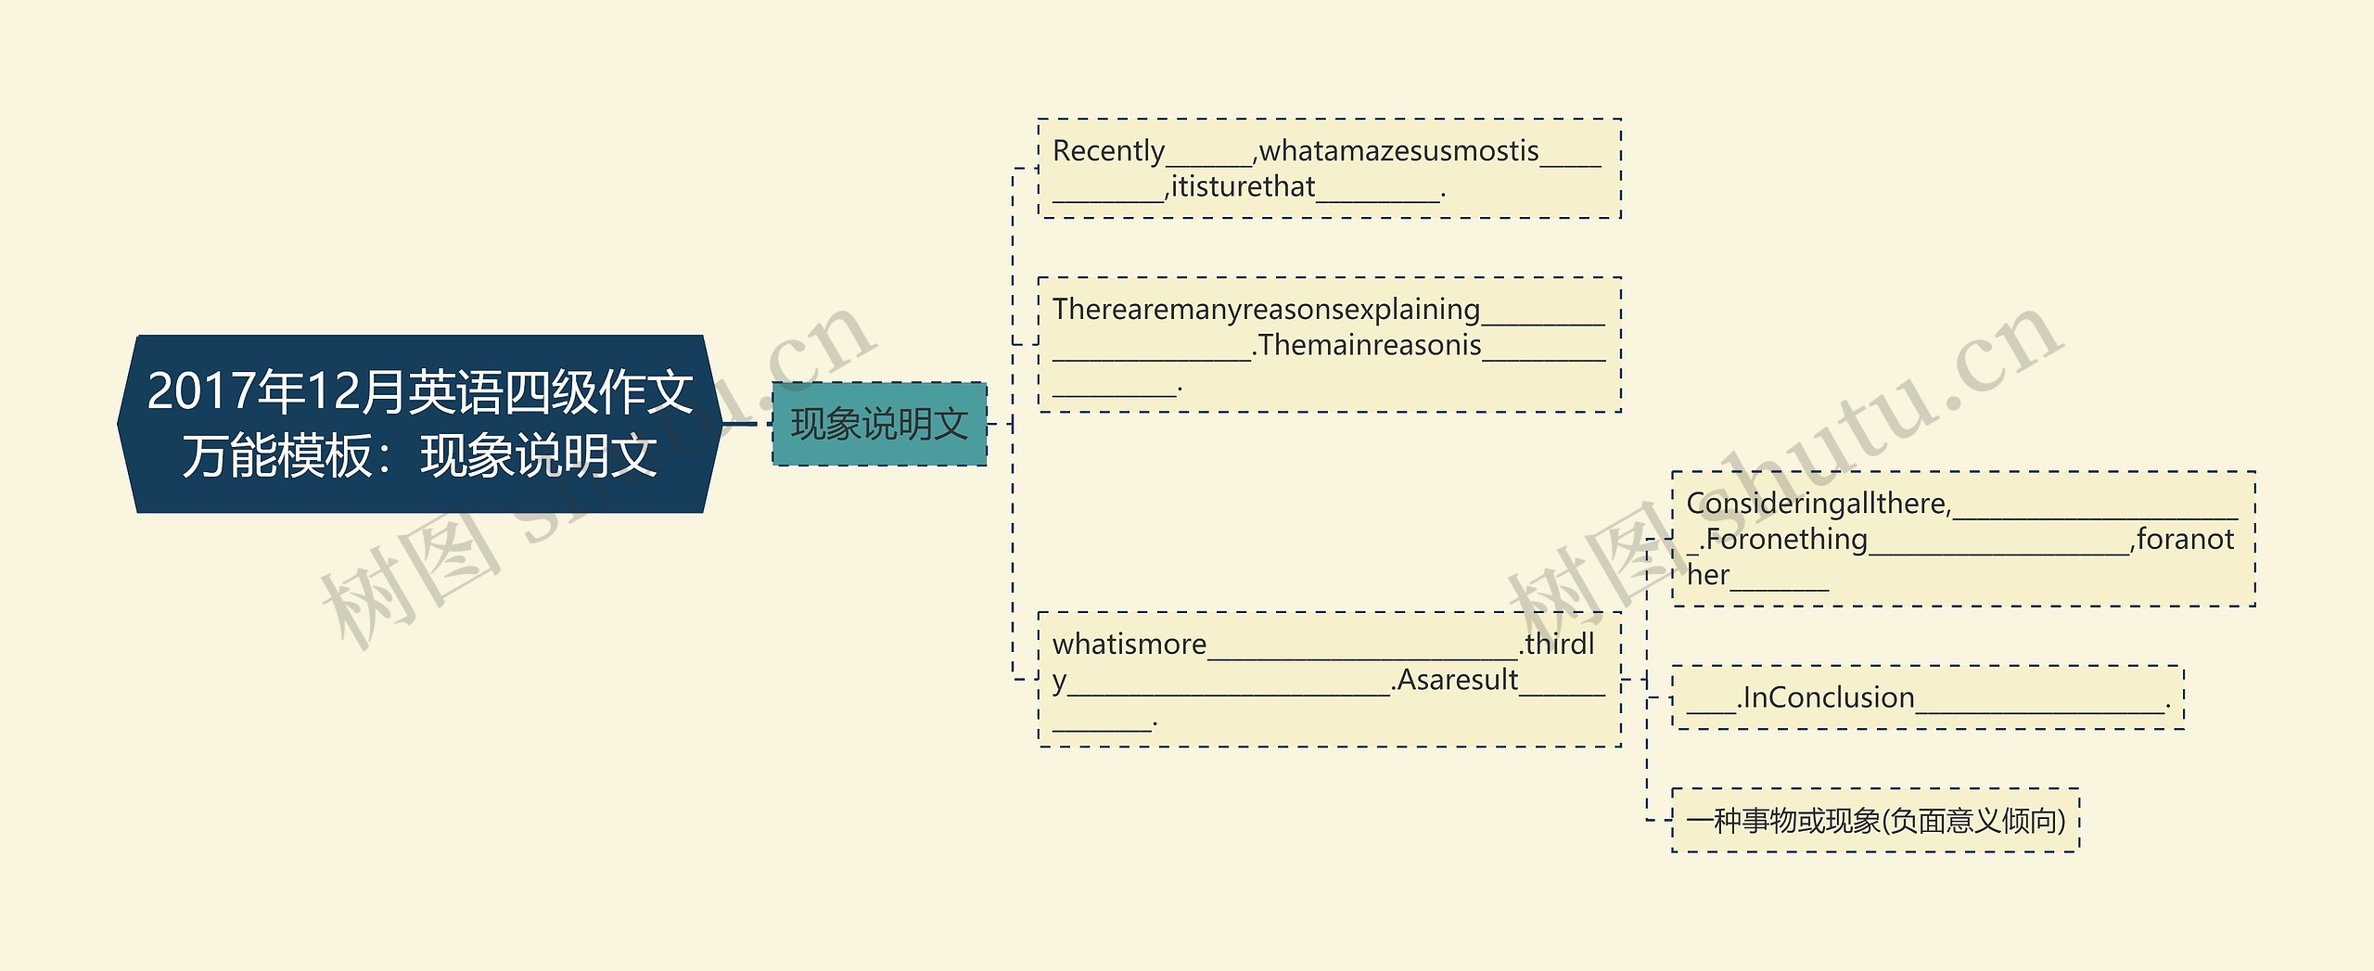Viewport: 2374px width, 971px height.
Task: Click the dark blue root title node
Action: pyautogui.click(x=419, y=423)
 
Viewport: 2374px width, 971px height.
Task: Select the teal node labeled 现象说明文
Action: pyautogui.click(x=878, y=424)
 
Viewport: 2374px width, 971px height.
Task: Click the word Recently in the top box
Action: pyautogui.click(x=1108, y=150)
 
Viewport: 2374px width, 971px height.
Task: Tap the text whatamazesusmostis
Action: pyautogui.click(x=1398, y=150)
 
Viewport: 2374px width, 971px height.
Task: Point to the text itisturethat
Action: pyautogui.click(x=1243, y=187)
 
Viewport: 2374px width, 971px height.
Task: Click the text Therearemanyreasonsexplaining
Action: pyautogui.click(x=1266, y=309)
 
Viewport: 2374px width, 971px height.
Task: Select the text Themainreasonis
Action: pyautogui.click(x=1370, y=345)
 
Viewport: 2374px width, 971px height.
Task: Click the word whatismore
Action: pyautogui.click(x=1130, y=644)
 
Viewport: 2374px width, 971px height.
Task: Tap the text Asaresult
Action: pyautogui.click(x=1458, y=680)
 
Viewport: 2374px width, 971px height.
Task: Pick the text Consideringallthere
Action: pyautogui.click(x=1819, y=504)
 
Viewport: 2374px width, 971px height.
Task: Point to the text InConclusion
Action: pyautogui.click(x=1829, y=697)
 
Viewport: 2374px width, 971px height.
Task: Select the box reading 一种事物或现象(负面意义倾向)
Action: pyautogui.click(x=1875, y=820)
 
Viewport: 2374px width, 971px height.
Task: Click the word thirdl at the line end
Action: pyautogui.click(x=1560, y=644)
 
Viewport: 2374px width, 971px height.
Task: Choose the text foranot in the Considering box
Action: pyautogui.click(x=2185, y=539)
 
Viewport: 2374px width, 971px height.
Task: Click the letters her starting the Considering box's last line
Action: pyautogui.click(x=1708, y=575)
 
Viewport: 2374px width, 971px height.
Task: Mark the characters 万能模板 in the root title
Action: pyautogui.click(x=277, y=456)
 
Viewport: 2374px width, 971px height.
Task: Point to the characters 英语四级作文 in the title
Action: pyautogui.click(x=551, y=391)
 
